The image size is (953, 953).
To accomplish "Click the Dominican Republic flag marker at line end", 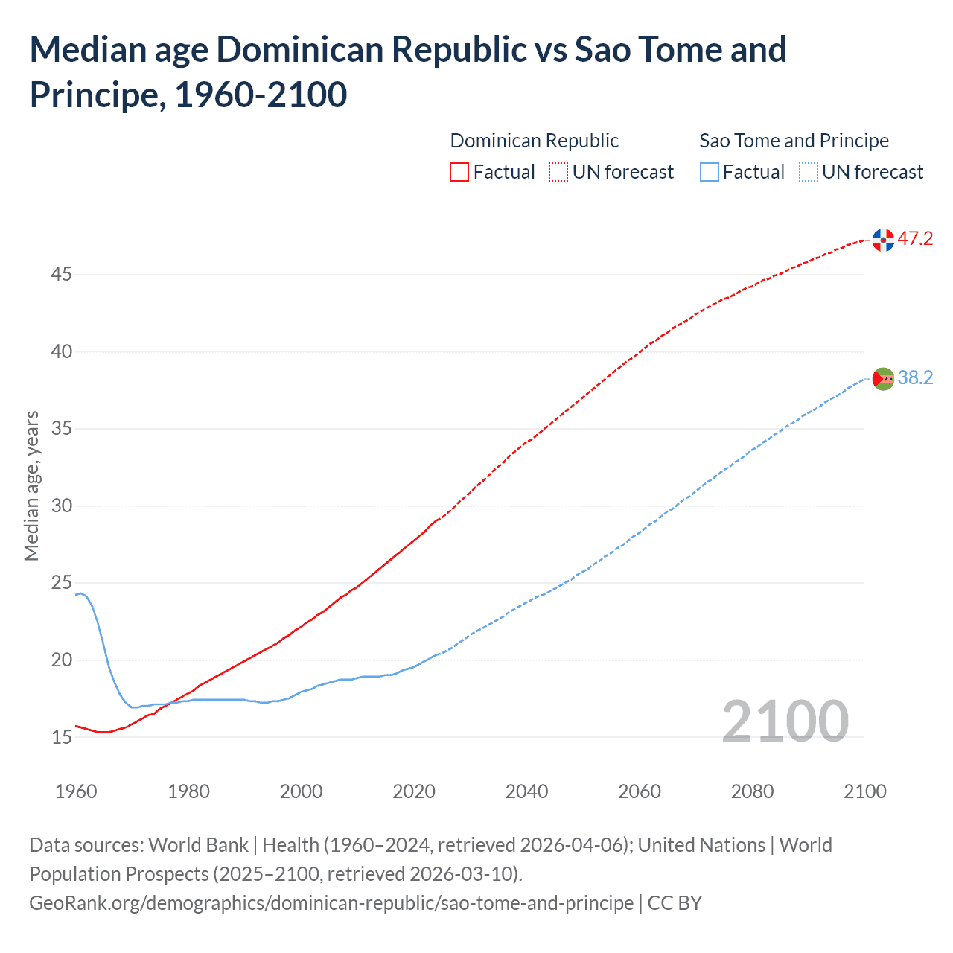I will pyautogui.click(x=883, y=240).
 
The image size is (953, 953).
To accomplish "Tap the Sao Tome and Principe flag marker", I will pyautogui.click(x=883, y=379).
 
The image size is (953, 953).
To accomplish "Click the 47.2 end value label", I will pyautogui.click(x=915, y=239).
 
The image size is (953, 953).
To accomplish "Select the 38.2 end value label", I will pyautogui.click(x=915, y=378).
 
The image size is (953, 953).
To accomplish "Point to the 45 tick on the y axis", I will pyautogui.click(x=61, y=275).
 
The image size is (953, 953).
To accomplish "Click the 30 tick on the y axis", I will pyautogui.click(x=61, y=506).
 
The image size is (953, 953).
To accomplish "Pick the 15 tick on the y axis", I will pyautogui.click(x=61, y=737).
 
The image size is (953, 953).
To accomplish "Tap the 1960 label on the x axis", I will pyautogui.click(x=76, y=791).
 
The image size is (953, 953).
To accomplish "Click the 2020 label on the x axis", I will pyautogui.click(x=414, y=791).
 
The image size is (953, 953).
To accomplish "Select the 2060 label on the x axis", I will pyautogui.click(x=640, y=791).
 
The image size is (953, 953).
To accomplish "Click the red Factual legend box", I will pyautogui.click(x=459, y=173).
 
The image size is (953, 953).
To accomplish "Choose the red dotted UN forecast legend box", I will pyautogui.click(x=558, y=173).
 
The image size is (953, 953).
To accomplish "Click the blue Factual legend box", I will pyautogui.click(x=710, y=173).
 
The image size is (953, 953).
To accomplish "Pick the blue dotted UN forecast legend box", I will pyautogui.click(x=808, y=173).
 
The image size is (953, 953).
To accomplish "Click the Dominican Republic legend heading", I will pyautogui.click(x=534, y=141).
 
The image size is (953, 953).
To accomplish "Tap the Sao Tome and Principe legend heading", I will pyautogui.click(x=794, y=141).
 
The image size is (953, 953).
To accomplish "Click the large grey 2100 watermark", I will pyautogui.click(x=785, y=721).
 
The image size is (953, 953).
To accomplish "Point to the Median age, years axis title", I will pyautogui.click(x=31, y=485).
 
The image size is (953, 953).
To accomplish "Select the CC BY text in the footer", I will pyautogui.click(x=675, y=903).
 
